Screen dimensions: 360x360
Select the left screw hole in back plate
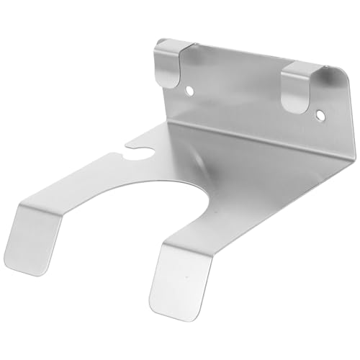click(x=189, y=91)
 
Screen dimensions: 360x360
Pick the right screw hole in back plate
click(x=320, y=114)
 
